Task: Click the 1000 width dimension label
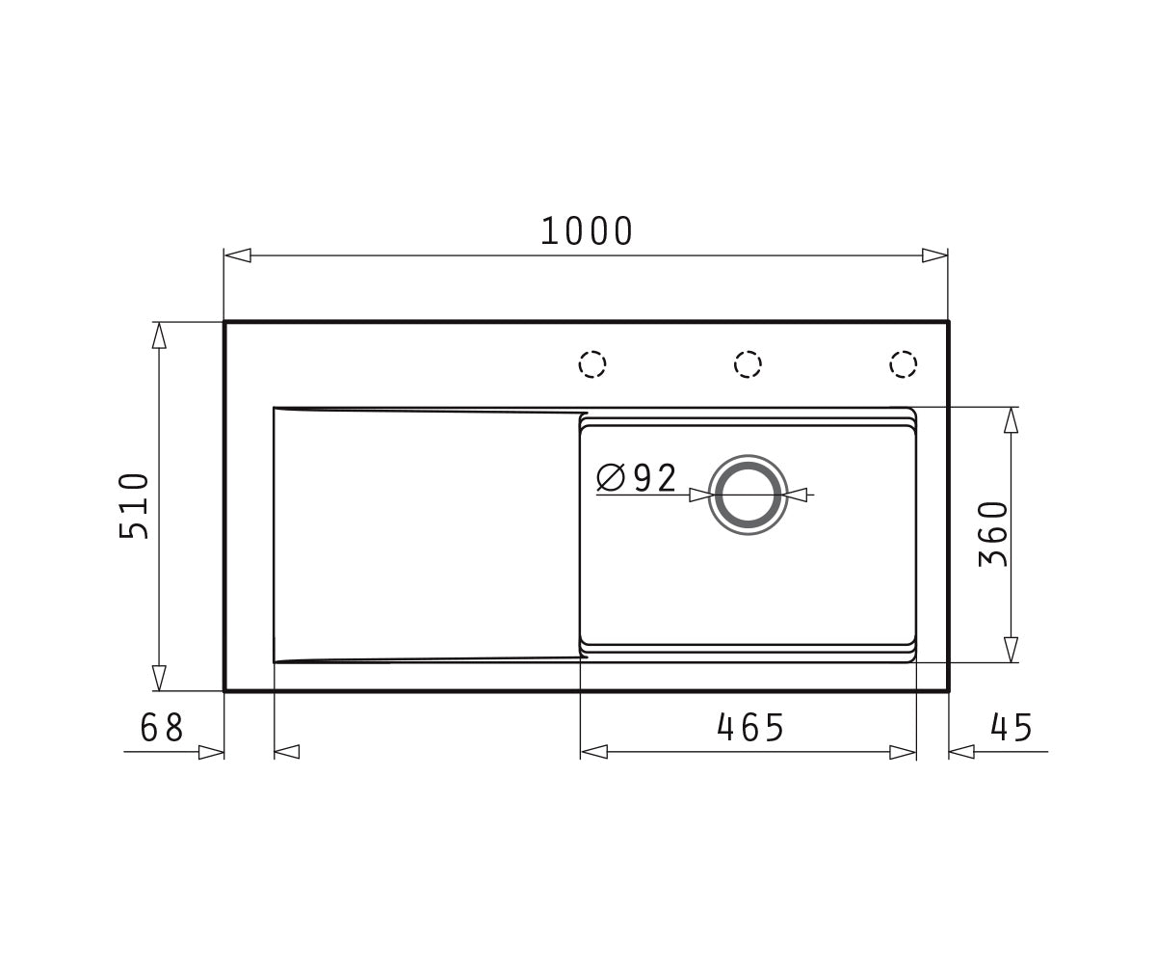(587, 231)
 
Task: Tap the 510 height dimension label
(134, 506)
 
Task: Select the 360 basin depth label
(994, 534)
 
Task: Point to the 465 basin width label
(750, 728)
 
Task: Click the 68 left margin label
(161, 728)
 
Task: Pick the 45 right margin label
(1011, 728)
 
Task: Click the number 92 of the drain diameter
(655, 477)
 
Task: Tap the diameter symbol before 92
(611, 477)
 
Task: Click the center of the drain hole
(748, 495)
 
